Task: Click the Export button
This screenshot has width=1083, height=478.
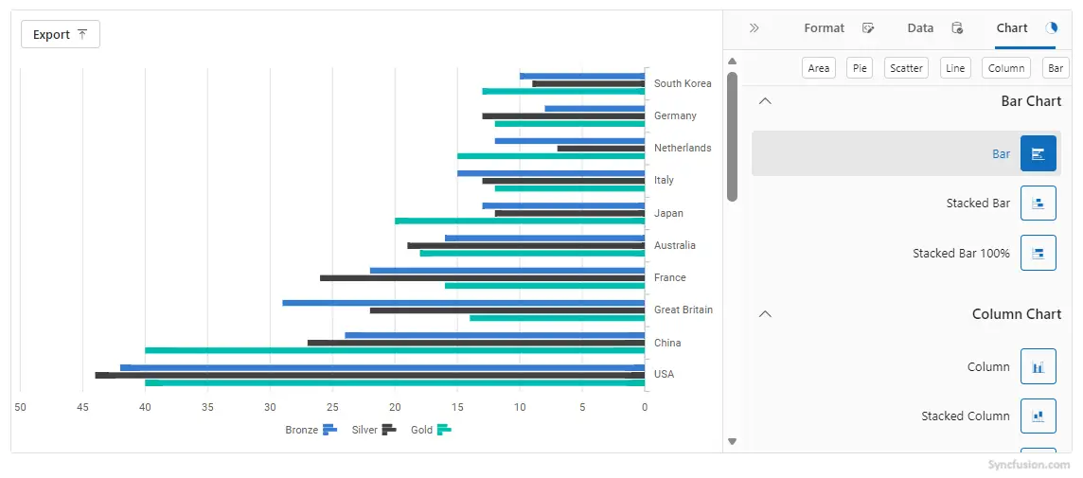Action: click(x=61, y=34)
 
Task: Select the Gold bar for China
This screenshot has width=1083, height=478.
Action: click(x=395, y=350)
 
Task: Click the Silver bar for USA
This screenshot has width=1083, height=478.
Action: click(x=370, y=375)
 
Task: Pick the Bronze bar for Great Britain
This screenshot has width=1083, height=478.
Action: click(x=464, y=303)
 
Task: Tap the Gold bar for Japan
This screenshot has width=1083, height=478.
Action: click(x=520, y=221)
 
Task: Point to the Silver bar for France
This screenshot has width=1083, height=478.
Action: click(x=482, y=277)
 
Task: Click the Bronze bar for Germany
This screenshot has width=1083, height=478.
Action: click(x=595, y=109)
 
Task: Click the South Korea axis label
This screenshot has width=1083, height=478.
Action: click(x=683, y=83)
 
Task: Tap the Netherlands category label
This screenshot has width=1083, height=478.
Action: click(x=683, y=148)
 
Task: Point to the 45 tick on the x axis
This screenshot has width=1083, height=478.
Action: click(x=83, y=407)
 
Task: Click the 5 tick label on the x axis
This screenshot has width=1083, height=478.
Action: click(x=582, y=407)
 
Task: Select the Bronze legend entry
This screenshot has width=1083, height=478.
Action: click(x=311, y=430)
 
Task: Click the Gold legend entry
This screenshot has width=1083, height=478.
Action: click(x=431, y=430)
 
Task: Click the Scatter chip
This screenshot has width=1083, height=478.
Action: click(x=906, y=68)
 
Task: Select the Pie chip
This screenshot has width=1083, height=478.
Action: click(x=860, y=68)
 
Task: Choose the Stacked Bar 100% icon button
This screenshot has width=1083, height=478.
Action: click(x=1039, y=253)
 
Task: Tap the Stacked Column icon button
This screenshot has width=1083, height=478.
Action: click(x=1039, y=416)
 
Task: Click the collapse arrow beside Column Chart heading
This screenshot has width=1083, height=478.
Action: click(x=765, y=313)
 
